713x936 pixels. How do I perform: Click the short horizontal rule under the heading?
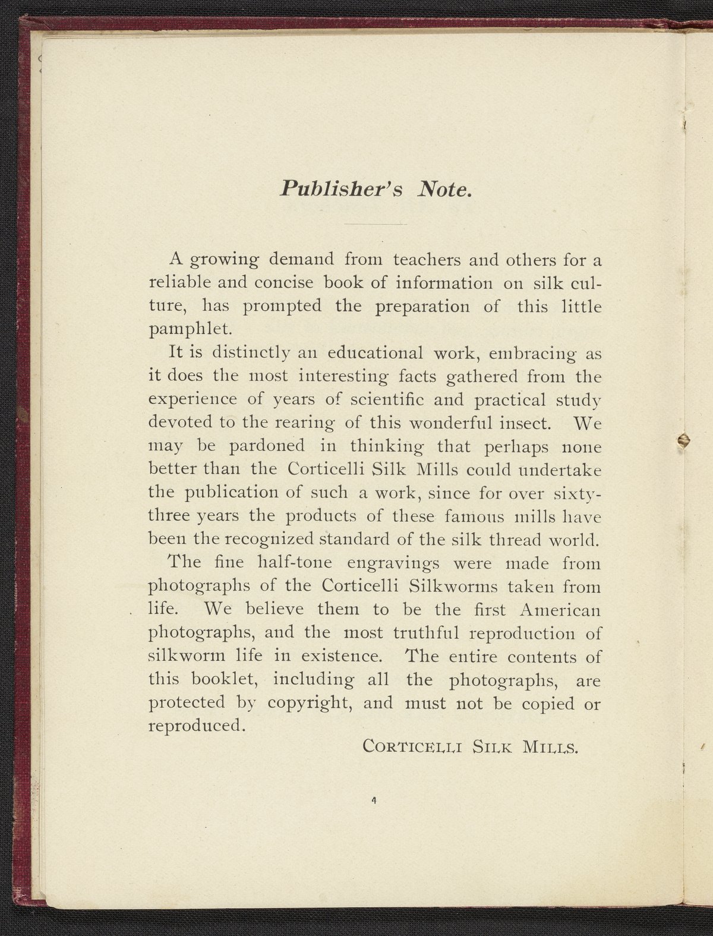pos(373,224)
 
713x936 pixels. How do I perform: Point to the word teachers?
pos(425,260)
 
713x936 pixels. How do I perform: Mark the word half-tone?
pos(294,562)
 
